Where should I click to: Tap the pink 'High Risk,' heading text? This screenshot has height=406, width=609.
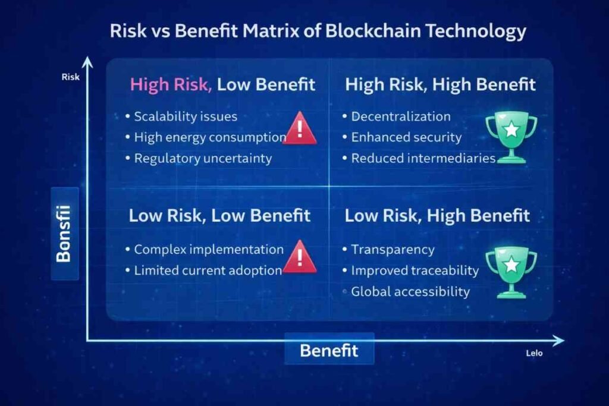click(171, 84)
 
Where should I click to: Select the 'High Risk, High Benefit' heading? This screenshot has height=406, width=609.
click(441, 84)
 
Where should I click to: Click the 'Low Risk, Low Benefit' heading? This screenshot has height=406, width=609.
click(219, 216)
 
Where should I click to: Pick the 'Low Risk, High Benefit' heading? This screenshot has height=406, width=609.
click(437, 216)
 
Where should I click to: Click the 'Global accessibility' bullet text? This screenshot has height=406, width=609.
click(410, 292)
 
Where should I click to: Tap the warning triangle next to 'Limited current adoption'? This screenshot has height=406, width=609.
click(300, 257)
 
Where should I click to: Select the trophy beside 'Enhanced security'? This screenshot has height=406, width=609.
click(511, 137)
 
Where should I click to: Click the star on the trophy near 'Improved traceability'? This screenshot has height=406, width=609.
click(511, 265)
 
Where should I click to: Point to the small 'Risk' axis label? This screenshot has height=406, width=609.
click(70, 77)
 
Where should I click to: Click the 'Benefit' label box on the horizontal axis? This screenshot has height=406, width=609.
click(329, 349)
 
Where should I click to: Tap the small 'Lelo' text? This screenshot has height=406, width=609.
click(534, 353)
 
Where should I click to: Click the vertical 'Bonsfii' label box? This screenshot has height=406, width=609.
click(65, 234)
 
